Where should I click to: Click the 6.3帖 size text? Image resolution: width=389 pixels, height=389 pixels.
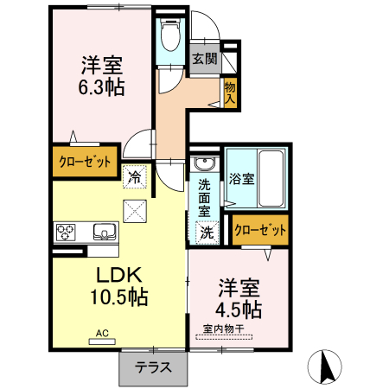(102, 86)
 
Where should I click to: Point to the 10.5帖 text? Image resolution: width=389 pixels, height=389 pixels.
(119, 298)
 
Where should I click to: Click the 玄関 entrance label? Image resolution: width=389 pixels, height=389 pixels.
(204, 59)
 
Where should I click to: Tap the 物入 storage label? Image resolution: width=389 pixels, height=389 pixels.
(229, 92)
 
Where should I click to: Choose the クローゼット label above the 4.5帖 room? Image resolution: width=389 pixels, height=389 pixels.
(258, 229)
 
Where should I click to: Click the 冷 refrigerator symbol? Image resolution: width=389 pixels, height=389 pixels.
(135, 176)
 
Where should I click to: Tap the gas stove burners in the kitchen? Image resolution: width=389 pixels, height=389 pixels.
(67, 232)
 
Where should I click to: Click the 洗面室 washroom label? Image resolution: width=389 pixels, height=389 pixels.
(204, 197)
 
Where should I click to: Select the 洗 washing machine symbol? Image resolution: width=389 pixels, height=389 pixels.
(207, 231)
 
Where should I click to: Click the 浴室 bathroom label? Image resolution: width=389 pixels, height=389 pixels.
(241, 179)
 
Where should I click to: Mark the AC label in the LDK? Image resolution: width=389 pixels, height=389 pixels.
(102, 333)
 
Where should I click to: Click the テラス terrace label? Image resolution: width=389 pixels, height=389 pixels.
(152, 367)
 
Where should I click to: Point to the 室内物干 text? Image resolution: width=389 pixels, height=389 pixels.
(222, 329)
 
